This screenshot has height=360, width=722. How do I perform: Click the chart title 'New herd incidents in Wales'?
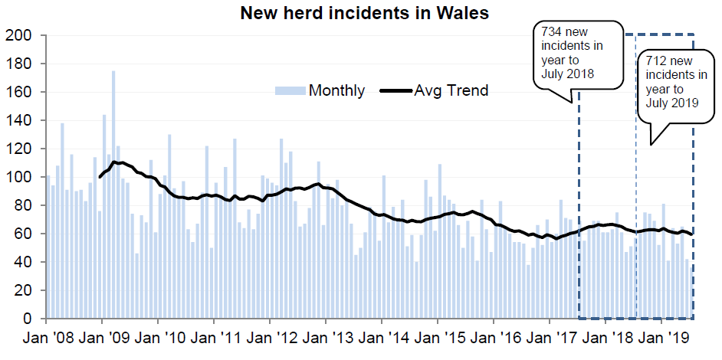point(364,13)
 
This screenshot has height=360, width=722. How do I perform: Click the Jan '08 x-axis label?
point(46,338)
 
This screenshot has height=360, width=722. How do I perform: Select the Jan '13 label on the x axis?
point(325,338)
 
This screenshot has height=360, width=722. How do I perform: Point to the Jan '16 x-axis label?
point(493,338)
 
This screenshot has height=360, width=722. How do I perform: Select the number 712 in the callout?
point(657,61)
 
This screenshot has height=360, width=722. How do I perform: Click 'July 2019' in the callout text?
point(673,102)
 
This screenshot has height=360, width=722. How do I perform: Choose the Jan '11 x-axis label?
point(214,338)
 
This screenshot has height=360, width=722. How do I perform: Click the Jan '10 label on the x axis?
point(158,338)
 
